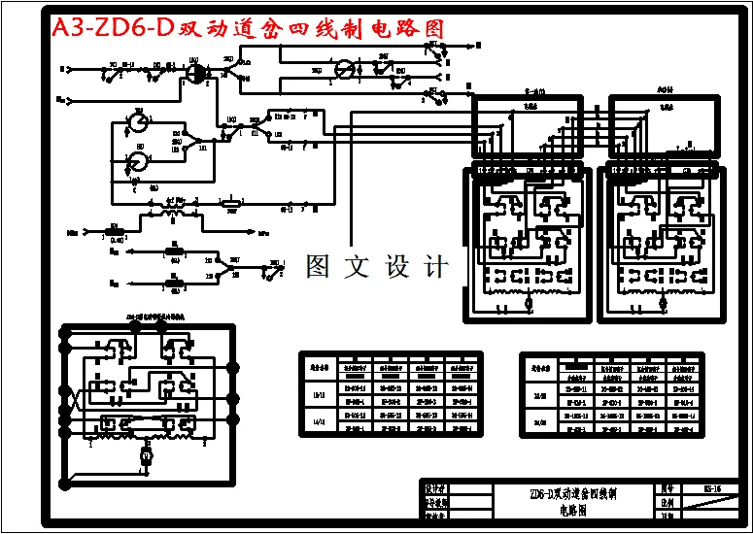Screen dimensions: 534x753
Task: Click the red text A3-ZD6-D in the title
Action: point(112,28)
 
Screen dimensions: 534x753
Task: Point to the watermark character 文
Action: point(359,266)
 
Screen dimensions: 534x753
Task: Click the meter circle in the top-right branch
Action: point(343,69)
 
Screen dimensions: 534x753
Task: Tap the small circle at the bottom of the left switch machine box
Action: point(529,305)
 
